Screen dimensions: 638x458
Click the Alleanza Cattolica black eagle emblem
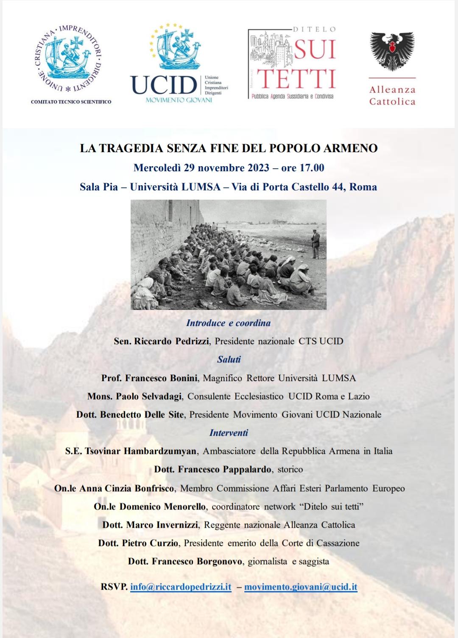click(x=392, y=51)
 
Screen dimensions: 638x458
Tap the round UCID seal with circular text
click(x=68, y=58)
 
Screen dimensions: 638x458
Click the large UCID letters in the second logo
click(x=164, y=85)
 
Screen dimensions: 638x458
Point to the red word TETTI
click(x=296, y=78)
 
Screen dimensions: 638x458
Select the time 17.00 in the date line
click(x=312, y=168)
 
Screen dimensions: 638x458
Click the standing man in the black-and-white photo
click(x=315, y=244)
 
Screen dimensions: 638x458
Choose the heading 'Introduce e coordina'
click(x=228, y=323)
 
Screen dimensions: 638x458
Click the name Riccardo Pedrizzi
click(x=171, y=341)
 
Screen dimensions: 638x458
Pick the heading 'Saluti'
click(x=229, y=359)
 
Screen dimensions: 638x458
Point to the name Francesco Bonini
click(x=161, y=378)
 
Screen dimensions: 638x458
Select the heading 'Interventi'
click(x=229, y=433)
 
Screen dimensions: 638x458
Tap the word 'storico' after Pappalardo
click(x=290, y=469)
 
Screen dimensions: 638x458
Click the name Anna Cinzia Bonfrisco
click(x=127, y=488)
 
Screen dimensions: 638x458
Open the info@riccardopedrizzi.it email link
click(x=181, y=587)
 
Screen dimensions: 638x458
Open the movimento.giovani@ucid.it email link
click(x=301, y=587)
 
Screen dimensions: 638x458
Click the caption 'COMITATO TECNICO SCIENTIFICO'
click(x=71, y=102)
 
